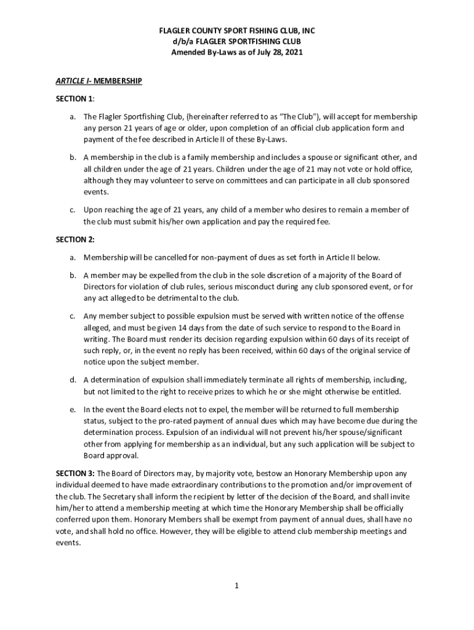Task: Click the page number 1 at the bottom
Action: tap(236, 585)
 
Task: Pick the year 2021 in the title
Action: tap(292, 53)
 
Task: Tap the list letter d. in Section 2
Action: tap(73, 380)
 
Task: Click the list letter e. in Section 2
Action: tap(73, 409)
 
